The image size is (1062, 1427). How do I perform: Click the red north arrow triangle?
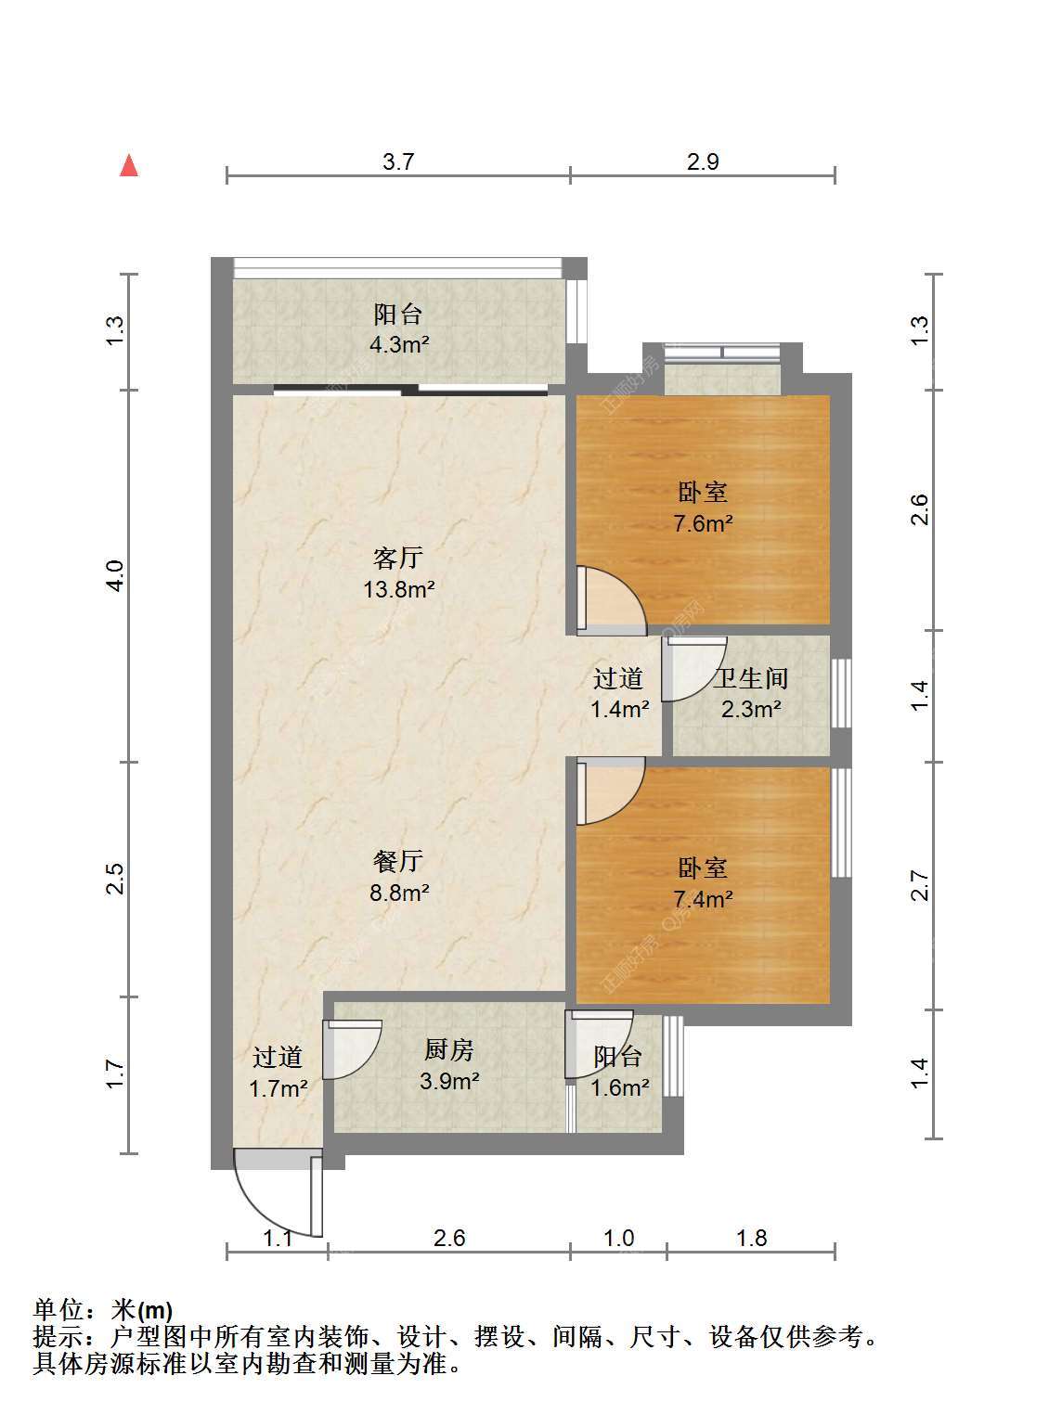click(x=129, y=165)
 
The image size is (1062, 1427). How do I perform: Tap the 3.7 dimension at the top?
click(x=397, y=161)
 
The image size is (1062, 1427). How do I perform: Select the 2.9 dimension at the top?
click(x=702, y=161)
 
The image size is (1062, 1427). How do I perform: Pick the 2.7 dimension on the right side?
click(x=921, y=885)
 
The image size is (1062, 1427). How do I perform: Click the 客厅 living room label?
click(x=398, y=558)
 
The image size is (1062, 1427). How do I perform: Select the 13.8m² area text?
click(x=399, y=589)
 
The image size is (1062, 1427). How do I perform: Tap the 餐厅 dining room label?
click(x=398, y=861)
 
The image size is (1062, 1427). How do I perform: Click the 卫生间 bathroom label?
click(x=750, y=678)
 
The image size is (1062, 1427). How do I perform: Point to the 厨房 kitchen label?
click(x=448, y=1050)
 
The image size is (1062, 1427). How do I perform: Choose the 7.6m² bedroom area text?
click(x=703, y=523)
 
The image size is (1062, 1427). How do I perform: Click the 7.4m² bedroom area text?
click(x=703, y=899)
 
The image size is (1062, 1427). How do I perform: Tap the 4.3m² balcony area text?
click(x=399, y=345)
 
